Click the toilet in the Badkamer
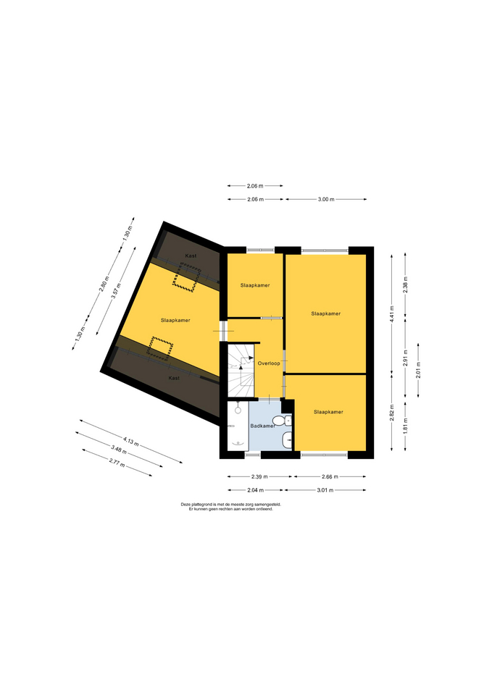[281, 420]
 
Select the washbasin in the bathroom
[288, 439]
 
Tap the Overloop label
[269, 363]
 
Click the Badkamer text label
[262, 426]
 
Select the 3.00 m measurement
[326, 200]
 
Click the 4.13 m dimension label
[131, 441]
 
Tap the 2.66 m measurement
[330, 477]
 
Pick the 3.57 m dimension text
[116, 291]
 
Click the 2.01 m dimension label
[418, 370]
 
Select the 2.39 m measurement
[259, 477]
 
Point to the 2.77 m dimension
[117, 463]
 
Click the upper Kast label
[191, 256]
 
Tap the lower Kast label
[174, 378]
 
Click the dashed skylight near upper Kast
[185, 277]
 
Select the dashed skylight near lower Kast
[159, 348]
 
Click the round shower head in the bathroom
[238, 410]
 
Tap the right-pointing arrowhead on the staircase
[251, 357]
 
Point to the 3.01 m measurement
[325, 490]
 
